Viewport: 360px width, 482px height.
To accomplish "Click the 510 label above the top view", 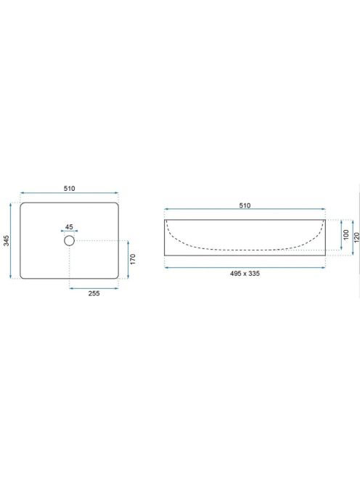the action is pyautogui.click(x=69, y=189).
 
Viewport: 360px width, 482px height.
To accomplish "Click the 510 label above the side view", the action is pyautogui.click(x=245, y=205).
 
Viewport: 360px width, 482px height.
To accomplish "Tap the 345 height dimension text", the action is pyautogui.click(x=7, y=240).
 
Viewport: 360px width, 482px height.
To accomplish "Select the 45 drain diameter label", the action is pyautogui.click(x=69, y=227).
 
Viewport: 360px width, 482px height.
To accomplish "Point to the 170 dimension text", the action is pyautogui.click(x=133, y=259).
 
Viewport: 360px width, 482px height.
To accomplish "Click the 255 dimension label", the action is pyautogui.click(x=94, y=293).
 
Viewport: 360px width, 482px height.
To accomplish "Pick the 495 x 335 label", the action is pyautogui.click(x=245, y=273).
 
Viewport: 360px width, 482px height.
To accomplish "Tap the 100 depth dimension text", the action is pyautogui.click(x=346, y=234).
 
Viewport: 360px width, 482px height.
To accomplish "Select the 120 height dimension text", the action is pyautogui.click(x=356, y=237).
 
